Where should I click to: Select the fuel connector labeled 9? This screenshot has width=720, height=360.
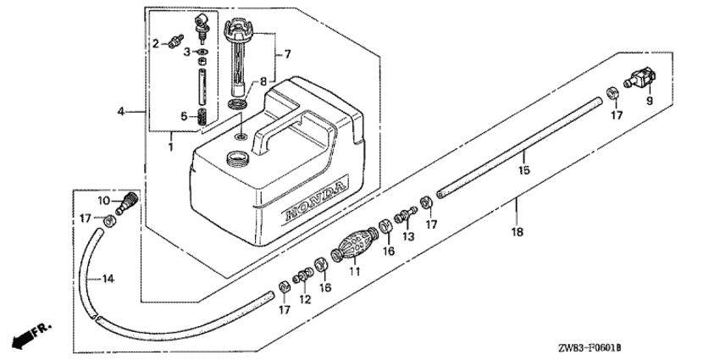640,78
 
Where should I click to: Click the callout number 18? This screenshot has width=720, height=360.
517,232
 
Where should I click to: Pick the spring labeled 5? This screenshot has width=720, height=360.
202,118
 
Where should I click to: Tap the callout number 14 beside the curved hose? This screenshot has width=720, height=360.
108,279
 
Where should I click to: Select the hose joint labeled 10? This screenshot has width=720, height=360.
127,202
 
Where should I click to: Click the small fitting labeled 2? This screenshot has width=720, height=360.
175,41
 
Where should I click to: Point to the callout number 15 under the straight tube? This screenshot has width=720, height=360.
524,170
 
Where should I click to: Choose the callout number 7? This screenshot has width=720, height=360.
287,54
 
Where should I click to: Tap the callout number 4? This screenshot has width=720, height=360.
121,111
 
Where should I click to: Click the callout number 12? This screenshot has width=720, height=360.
305,300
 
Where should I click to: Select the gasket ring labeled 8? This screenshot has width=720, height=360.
237,103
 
